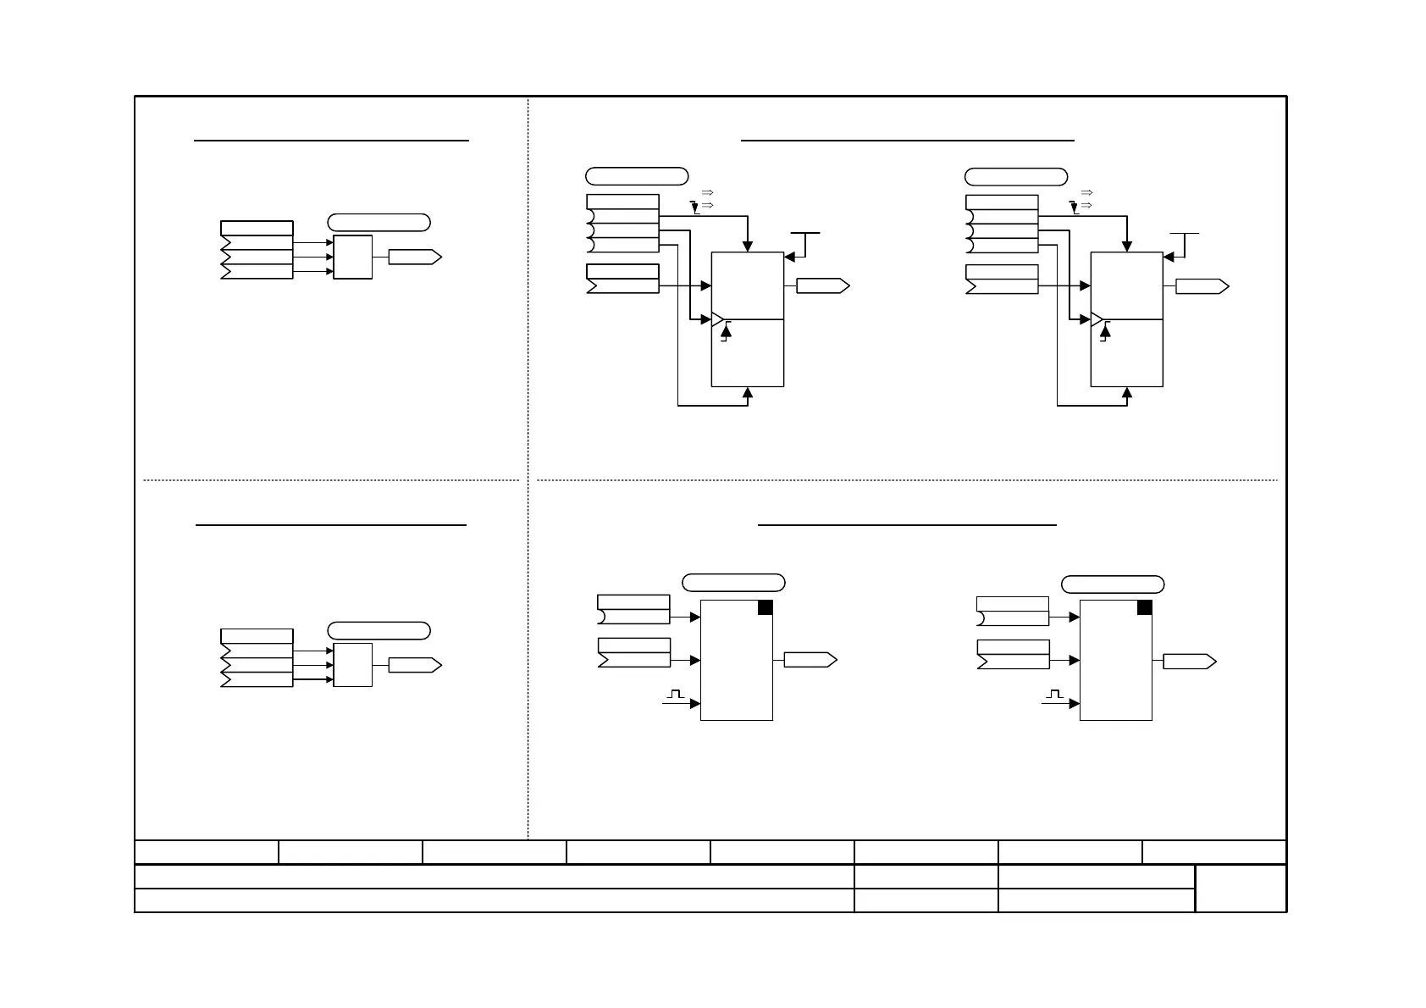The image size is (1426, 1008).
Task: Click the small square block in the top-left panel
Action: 353,257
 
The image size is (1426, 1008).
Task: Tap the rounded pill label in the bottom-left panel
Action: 379,630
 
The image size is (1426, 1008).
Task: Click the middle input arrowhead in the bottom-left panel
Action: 329,666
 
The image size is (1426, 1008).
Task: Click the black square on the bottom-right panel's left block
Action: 765,607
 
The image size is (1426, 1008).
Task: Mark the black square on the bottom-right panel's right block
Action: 1144,607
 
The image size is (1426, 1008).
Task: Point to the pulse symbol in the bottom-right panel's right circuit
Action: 1054,695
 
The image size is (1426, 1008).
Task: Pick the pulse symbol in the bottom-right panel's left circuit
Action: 675,695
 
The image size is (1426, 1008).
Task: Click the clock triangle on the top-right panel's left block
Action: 718,320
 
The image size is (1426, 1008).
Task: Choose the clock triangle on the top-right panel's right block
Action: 1097,320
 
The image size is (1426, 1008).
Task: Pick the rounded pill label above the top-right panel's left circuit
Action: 637,176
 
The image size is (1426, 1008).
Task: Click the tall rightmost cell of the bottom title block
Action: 1241,888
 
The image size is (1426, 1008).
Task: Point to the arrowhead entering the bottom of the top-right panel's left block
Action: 748,392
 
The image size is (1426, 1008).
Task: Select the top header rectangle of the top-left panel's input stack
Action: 257,228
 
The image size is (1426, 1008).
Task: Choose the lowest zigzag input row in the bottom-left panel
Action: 257,679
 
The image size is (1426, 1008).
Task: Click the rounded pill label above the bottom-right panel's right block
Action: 1113,584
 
